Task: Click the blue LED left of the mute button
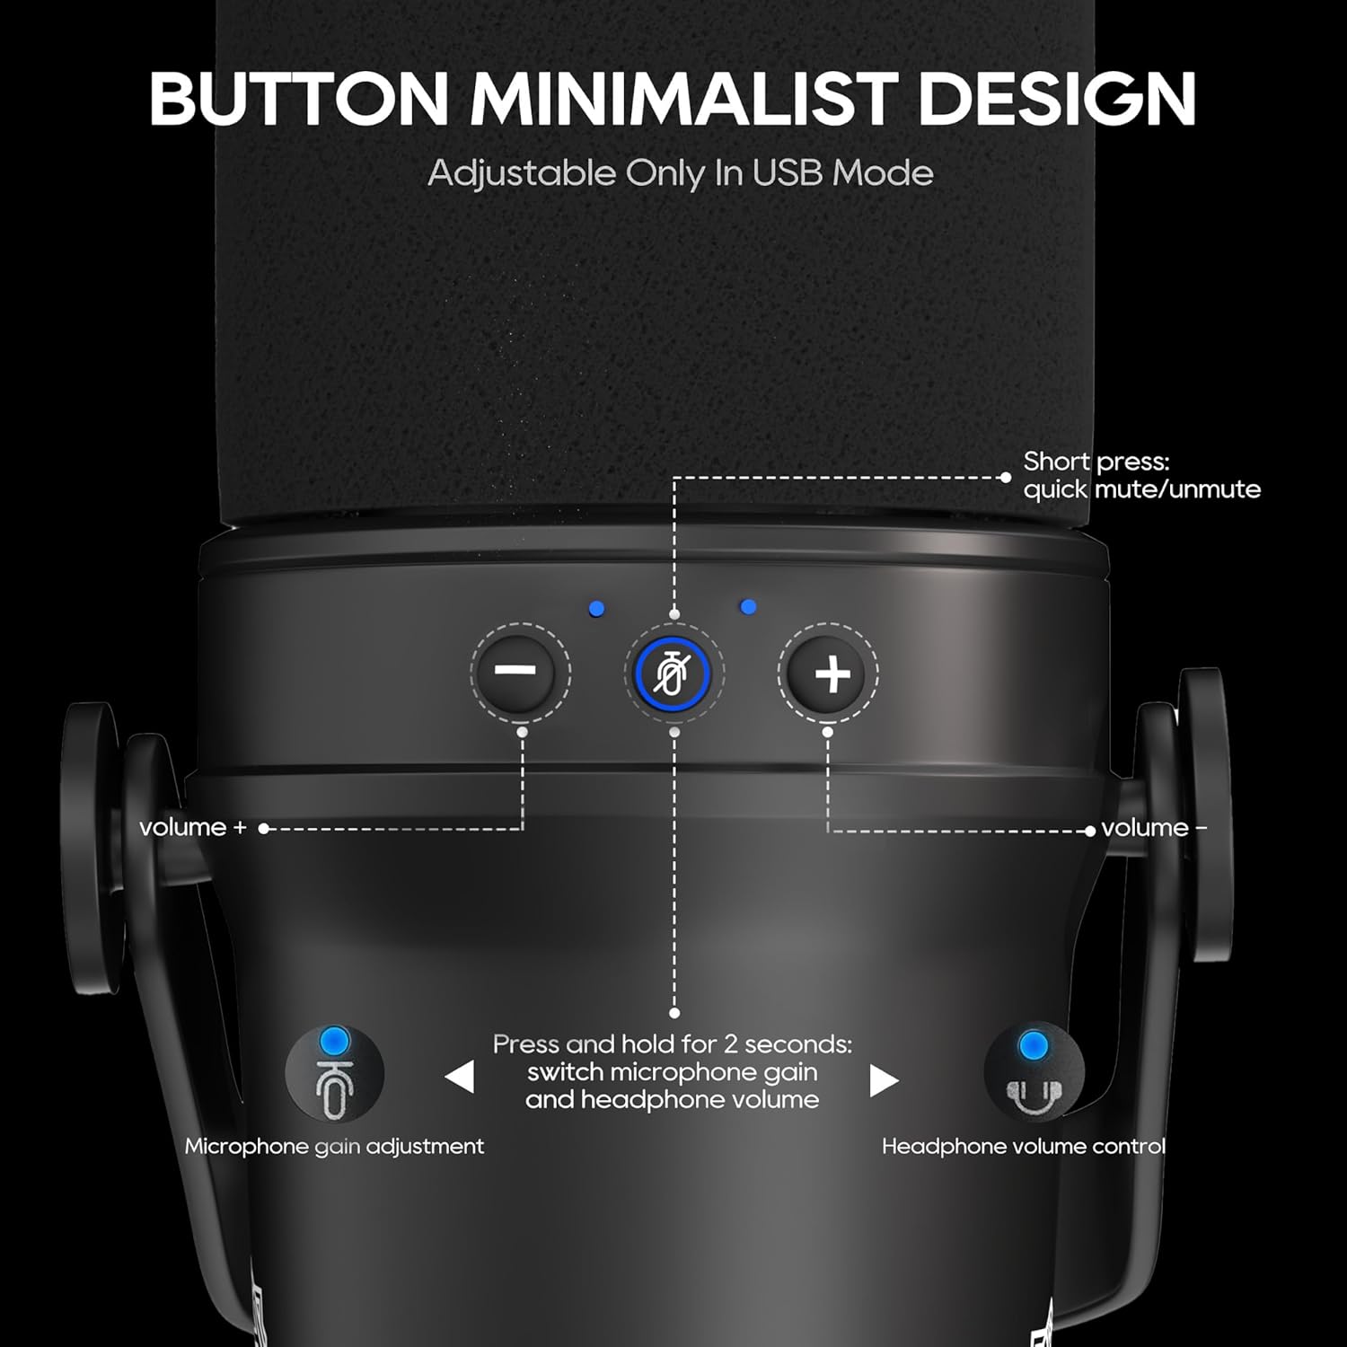point(596,610)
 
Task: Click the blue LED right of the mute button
point(748,608)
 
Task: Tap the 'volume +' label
point(193,827)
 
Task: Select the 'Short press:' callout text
point(1096,462)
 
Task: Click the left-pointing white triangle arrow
point(460,1077)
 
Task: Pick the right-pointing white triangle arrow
point(884,1080)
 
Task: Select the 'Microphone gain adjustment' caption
point(334,1147)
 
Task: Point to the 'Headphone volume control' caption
point(1024,1147)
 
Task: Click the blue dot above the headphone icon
point(1034,1045)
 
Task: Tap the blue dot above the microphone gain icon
point(334,1042)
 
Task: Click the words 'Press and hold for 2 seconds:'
point(673,1044)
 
